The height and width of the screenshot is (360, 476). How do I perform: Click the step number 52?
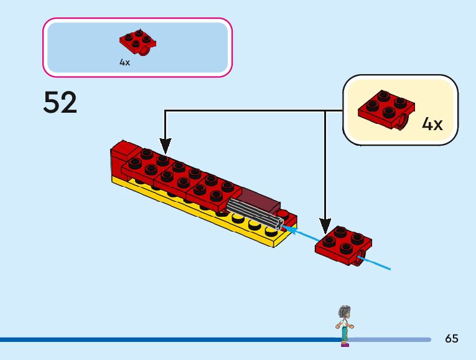60,103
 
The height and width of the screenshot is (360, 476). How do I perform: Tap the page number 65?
452,339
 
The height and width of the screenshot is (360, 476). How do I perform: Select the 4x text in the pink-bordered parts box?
124,62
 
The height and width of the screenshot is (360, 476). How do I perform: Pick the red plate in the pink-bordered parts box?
138,41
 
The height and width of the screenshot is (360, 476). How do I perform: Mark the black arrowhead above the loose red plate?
325,226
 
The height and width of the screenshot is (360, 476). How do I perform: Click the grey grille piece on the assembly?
254,213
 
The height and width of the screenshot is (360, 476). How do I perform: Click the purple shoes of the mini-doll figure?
344,344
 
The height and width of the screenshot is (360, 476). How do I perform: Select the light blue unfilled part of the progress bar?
392,339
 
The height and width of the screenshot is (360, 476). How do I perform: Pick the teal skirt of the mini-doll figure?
344,333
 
